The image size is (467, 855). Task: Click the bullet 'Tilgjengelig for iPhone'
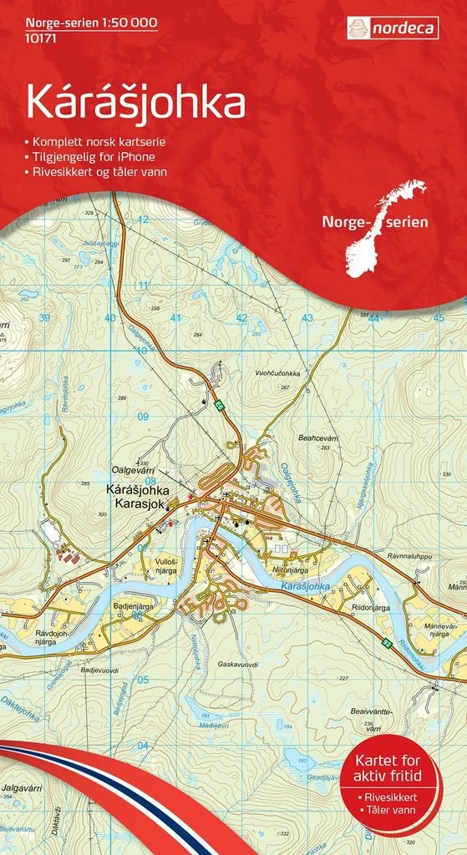[x=95, y=156]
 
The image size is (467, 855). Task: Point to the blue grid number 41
[x=175, y=318]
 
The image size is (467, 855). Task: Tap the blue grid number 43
[x=307, y=318]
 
